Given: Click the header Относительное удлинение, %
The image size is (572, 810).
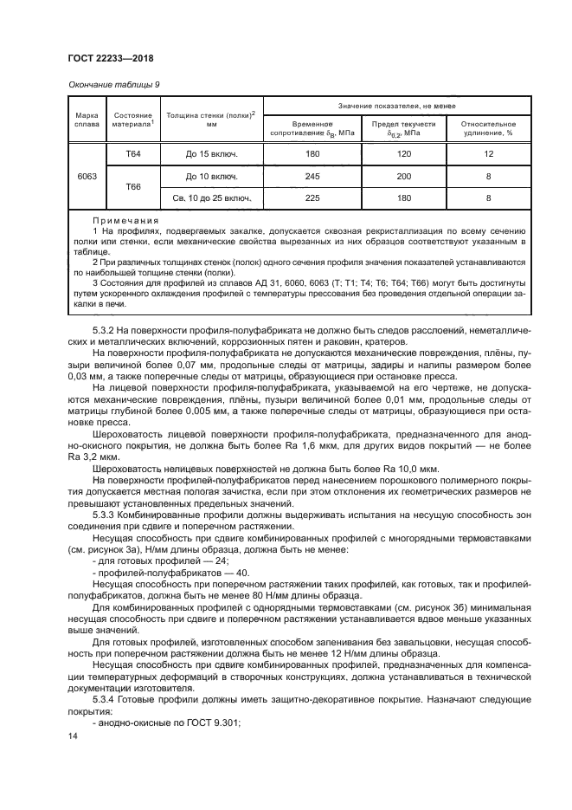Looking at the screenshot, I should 487,128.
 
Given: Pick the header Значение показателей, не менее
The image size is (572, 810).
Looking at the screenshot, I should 395,104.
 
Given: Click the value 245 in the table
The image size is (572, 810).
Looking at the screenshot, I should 312,177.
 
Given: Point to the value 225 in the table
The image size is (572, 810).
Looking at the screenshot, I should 312,198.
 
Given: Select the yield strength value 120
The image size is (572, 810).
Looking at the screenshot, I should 402,154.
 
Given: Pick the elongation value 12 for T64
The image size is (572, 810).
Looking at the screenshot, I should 488,154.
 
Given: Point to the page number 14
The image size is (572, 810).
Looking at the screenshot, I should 73,736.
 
